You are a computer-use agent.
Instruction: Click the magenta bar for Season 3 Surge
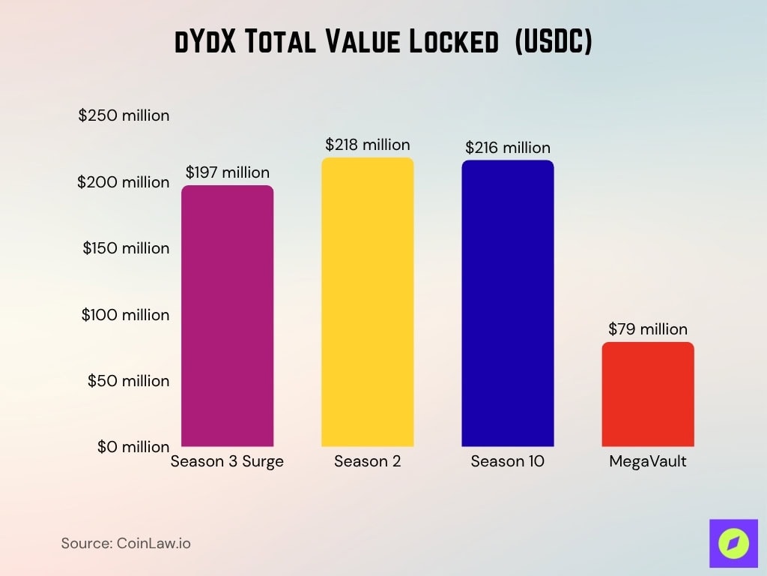tap(227, 315)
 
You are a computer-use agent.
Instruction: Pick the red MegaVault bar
tap(647, 394)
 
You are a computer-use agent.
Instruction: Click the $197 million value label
tap(227, 172)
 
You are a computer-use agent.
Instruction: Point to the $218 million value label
tap(367, 145)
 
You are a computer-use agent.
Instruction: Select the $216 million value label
tap(507, 148)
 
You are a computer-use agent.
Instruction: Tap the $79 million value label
tap(647, 329)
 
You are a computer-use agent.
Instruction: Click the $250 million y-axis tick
tap(124, 116)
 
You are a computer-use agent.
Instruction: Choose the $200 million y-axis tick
tap(124, 182)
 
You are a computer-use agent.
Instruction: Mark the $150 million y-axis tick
tap(126, 248)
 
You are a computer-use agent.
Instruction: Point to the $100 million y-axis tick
tap(125, 315)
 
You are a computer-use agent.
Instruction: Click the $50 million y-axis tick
tap(128, 381)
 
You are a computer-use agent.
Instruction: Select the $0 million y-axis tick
tap(133, 447)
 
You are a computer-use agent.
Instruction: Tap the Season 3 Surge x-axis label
tap(227, 462)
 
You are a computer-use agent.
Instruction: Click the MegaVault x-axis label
tap(647, 462)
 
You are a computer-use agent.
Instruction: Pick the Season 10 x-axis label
tap(507, 462)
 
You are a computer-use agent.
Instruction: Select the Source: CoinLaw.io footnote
tap(126, 543)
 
